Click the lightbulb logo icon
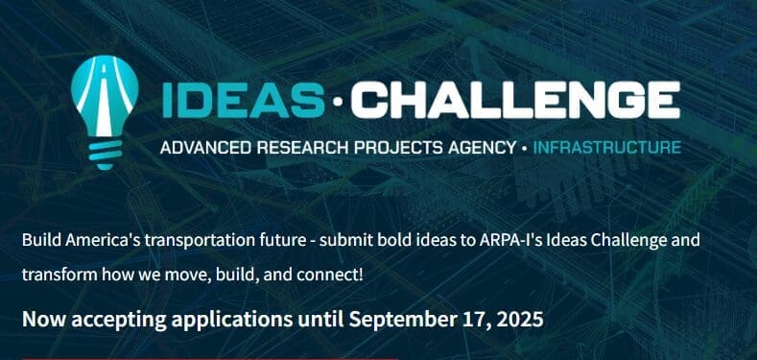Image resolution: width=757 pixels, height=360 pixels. [105, 112]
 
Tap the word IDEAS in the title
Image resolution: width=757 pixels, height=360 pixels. [244, 100]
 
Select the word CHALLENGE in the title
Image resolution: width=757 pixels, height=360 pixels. [515, 100]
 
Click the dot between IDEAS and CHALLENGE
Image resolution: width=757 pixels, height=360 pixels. [338, 101]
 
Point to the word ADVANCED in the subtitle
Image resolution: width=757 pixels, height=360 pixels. [205, 148]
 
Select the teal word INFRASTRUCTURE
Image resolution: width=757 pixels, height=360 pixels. [607, 148]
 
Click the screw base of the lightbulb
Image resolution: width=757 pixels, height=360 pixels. [105, 155]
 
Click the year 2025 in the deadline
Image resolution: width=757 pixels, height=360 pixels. [523, 320]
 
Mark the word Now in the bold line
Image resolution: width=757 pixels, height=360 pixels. [40, 320]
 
